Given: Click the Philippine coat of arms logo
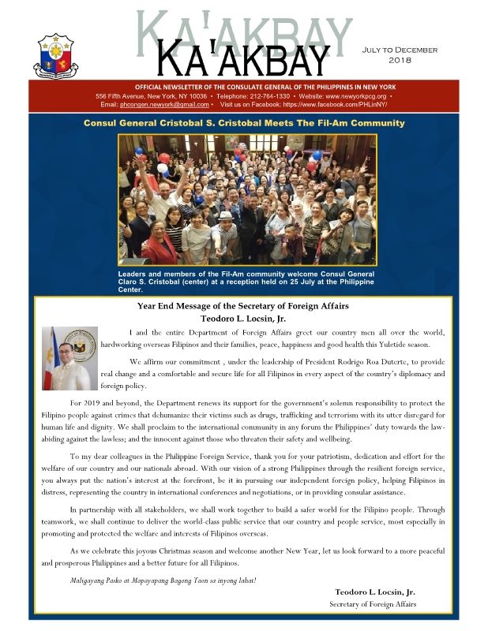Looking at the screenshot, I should coord(55,56).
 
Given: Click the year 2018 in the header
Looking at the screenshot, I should coord(406,60).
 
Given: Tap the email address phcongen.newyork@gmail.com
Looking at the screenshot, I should coord(165,104).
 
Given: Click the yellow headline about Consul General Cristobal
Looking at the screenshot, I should coord(244,123).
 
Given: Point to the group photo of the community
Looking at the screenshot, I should coord(246,199).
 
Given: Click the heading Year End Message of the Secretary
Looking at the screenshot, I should coord(243,306).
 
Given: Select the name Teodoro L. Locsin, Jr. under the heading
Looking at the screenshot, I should coord(243,319).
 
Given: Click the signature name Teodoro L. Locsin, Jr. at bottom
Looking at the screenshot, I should coord(375,592).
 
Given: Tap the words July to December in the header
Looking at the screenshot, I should coord(406,50).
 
